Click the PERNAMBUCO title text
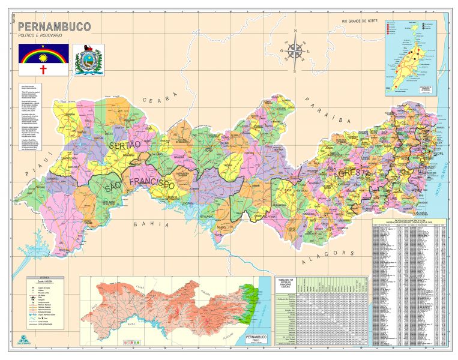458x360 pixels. (x=54, y=27)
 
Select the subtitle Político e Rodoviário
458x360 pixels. (x=43, y=37)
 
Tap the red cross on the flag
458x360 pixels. (x=43, y=69)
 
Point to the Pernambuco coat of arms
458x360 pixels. (x=89, y=59)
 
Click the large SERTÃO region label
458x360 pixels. (x=124, y=146)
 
